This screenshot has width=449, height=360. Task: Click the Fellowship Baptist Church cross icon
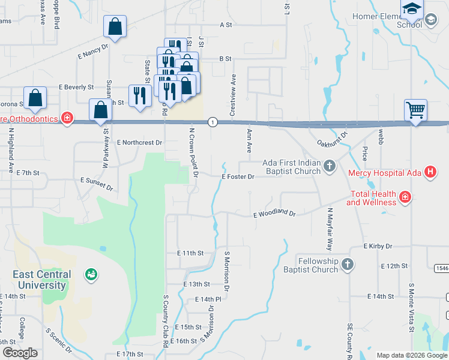(x=347, y=265)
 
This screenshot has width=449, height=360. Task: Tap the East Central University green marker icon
(x=91, y=274)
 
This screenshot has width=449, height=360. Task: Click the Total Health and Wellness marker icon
(x=405, y=197)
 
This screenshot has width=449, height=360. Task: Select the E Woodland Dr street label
(x=274, y=214)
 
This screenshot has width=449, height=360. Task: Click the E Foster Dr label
(x=238, y=177)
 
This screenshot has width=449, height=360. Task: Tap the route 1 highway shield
(x=212, y=122)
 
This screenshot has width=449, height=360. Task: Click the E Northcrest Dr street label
(x=140, y=143)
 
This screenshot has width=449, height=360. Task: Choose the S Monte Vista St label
(x=412, y=307)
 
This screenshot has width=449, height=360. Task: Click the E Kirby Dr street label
(x=378, y=247)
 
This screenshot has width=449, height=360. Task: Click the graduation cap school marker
(x=412, y=10)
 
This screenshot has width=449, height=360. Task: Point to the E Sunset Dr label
(x=96, y=183)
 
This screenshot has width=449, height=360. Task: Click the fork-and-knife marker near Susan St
(x=139, y=95)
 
